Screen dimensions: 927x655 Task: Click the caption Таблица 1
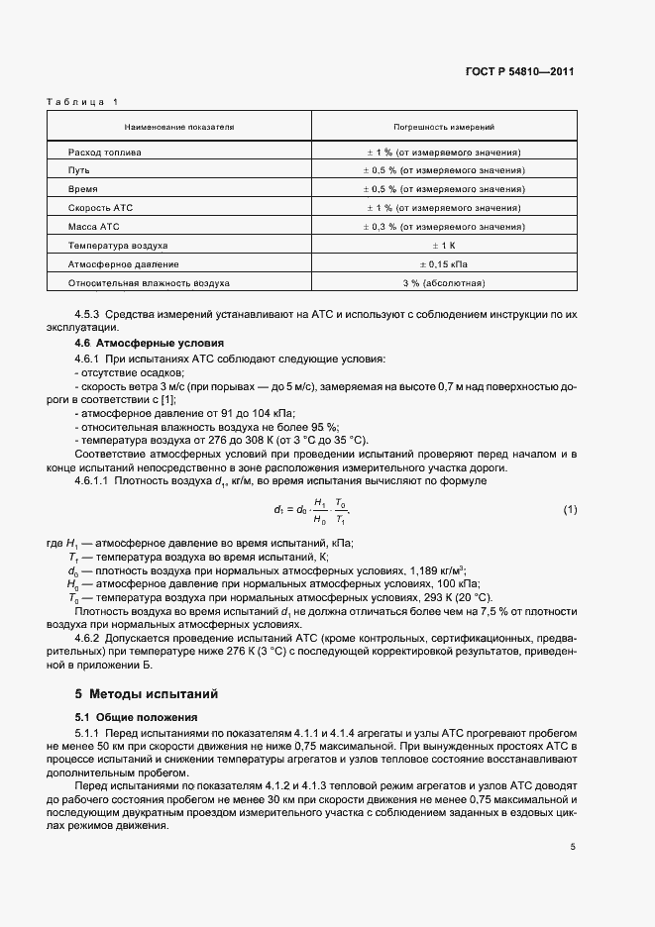tap(82, 102)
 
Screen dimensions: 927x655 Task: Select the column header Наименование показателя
tap(178, 128)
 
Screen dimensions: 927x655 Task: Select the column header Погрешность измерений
tap(444, 128)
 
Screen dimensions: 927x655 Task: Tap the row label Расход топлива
tap(104, 153)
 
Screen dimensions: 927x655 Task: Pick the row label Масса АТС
tap(93, 226)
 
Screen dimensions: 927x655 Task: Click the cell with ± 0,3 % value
tap(444, 226)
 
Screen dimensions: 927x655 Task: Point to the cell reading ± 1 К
tap(444, 245)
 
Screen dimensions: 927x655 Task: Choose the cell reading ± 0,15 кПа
tap(444, 263)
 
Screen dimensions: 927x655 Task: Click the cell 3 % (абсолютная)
tap(444, 282)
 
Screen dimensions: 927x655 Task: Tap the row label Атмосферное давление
tap(123, 263)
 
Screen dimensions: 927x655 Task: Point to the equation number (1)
tap(570, 509)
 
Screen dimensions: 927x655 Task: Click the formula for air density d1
tap(311, 510)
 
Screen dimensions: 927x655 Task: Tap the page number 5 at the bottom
tap(573, 847)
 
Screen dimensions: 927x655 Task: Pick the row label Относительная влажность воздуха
tap(149, 282)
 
